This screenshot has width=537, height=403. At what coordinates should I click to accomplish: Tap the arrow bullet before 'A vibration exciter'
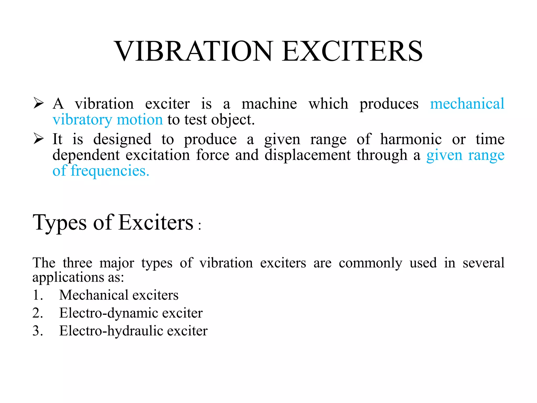tap(39, 103)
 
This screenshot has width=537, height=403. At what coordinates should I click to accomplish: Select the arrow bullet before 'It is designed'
tap(39, 139)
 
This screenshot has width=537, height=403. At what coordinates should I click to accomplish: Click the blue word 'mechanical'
tap(467, 104)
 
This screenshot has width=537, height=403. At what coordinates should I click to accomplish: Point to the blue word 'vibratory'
tap(82, 120)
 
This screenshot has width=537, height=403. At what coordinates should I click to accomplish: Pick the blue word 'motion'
tap(140, 120)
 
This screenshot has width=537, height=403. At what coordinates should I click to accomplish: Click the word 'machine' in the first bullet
tap(269, 104)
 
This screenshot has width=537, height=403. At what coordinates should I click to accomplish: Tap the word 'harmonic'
tap(411, 139)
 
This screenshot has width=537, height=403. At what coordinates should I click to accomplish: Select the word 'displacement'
tap(307, 155)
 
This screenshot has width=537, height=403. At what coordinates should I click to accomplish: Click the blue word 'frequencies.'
tap(110, 171)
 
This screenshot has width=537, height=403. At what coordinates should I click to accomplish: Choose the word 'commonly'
tap(370, 263)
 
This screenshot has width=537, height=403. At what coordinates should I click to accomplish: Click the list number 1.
tap(38, 295)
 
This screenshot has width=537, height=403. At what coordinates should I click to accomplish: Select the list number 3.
tap(38, 331)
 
